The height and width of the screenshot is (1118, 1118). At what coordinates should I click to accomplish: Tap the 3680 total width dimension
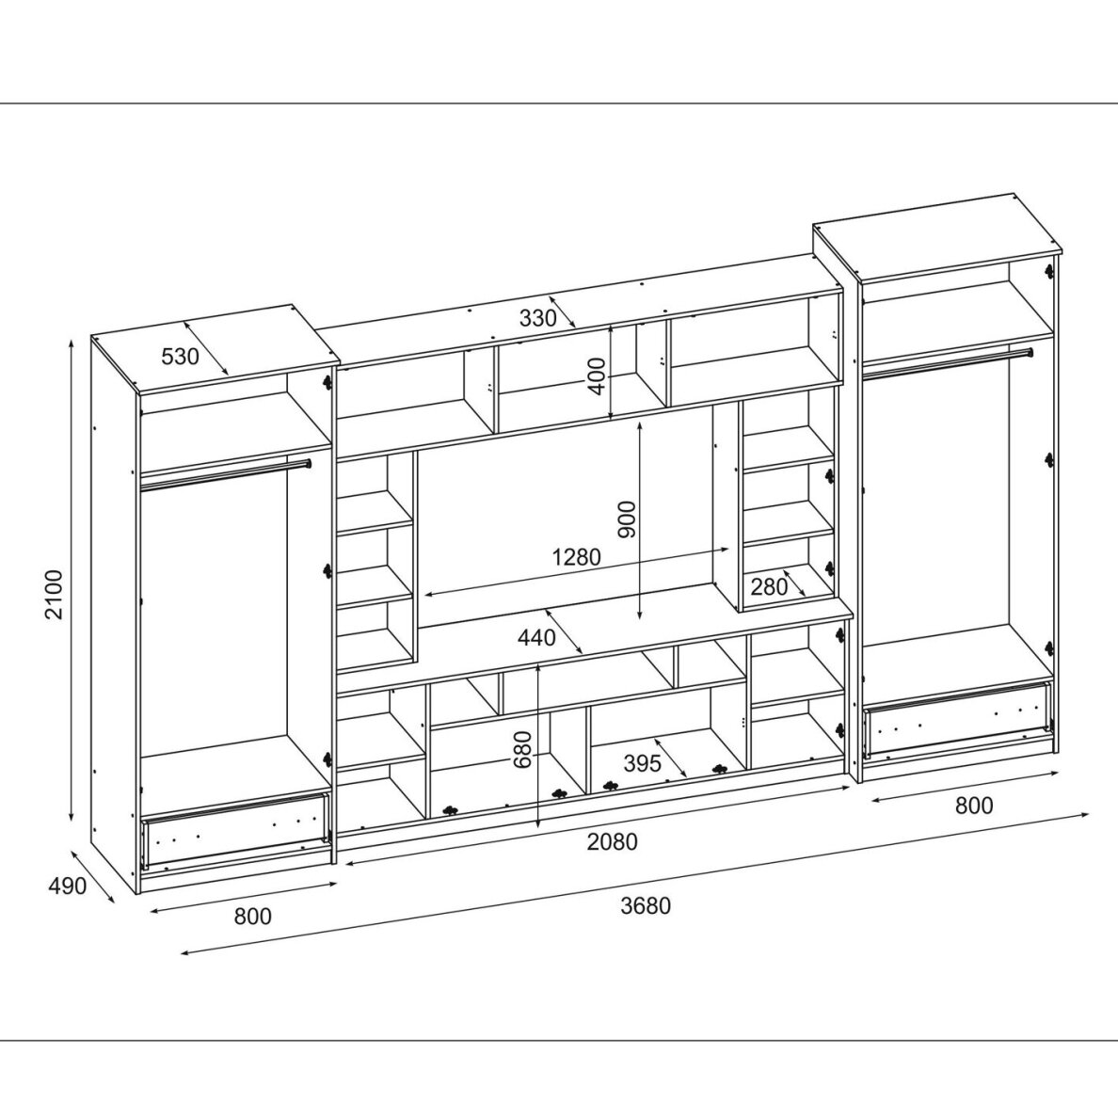[x=646, y=905]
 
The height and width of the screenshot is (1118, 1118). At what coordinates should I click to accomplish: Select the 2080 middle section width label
[x=612, y=842]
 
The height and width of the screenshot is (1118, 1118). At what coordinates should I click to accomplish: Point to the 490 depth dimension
[x=67, y=886]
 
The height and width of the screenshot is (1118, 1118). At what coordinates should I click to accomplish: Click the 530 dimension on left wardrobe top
[x=180, y=356]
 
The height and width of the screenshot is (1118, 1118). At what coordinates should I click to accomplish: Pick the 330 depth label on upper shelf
[x=537, y=318]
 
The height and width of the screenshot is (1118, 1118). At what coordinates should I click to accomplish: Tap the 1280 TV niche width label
[x=577, y=557]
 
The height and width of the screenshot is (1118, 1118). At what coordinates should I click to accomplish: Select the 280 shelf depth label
[x=770, y=587]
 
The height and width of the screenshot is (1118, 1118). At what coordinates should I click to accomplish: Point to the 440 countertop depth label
[x=536, y=637]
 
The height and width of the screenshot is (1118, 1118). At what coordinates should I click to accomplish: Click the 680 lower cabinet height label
[x=523, y=749]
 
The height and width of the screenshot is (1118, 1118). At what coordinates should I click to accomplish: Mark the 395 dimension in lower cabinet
[x=643, y=763]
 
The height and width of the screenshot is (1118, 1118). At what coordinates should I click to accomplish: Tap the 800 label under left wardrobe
[x=253, y=916]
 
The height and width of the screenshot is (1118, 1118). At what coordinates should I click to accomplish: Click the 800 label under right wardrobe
[x=974, y=806]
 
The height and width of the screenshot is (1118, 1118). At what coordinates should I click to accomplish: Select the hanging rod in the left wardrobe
[x=226, y=474]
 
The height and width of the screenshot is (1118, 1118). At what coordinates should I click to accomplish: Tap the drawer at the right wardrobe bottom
[x=958, y=719]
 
